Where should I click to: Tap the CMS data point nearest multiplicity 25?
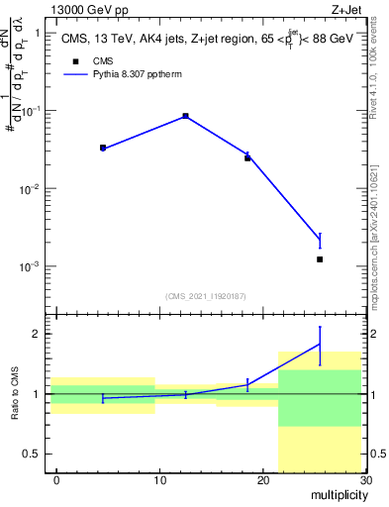[320, 259]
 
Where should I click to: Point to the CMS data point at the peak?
[185, 116]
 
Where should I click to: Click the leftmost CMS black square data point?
[103, 148]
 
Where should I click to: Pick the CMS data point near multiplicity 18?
[247, 157]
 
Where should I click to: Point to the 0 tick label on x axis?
[56, 480]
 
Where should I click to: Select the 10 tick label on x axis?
[159, 480]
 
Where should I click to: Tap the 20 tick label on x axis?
[262, 480]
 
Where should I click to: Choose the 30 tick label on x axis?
[365, 480]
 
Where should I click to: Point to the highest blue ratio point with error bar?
[320, 344]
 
